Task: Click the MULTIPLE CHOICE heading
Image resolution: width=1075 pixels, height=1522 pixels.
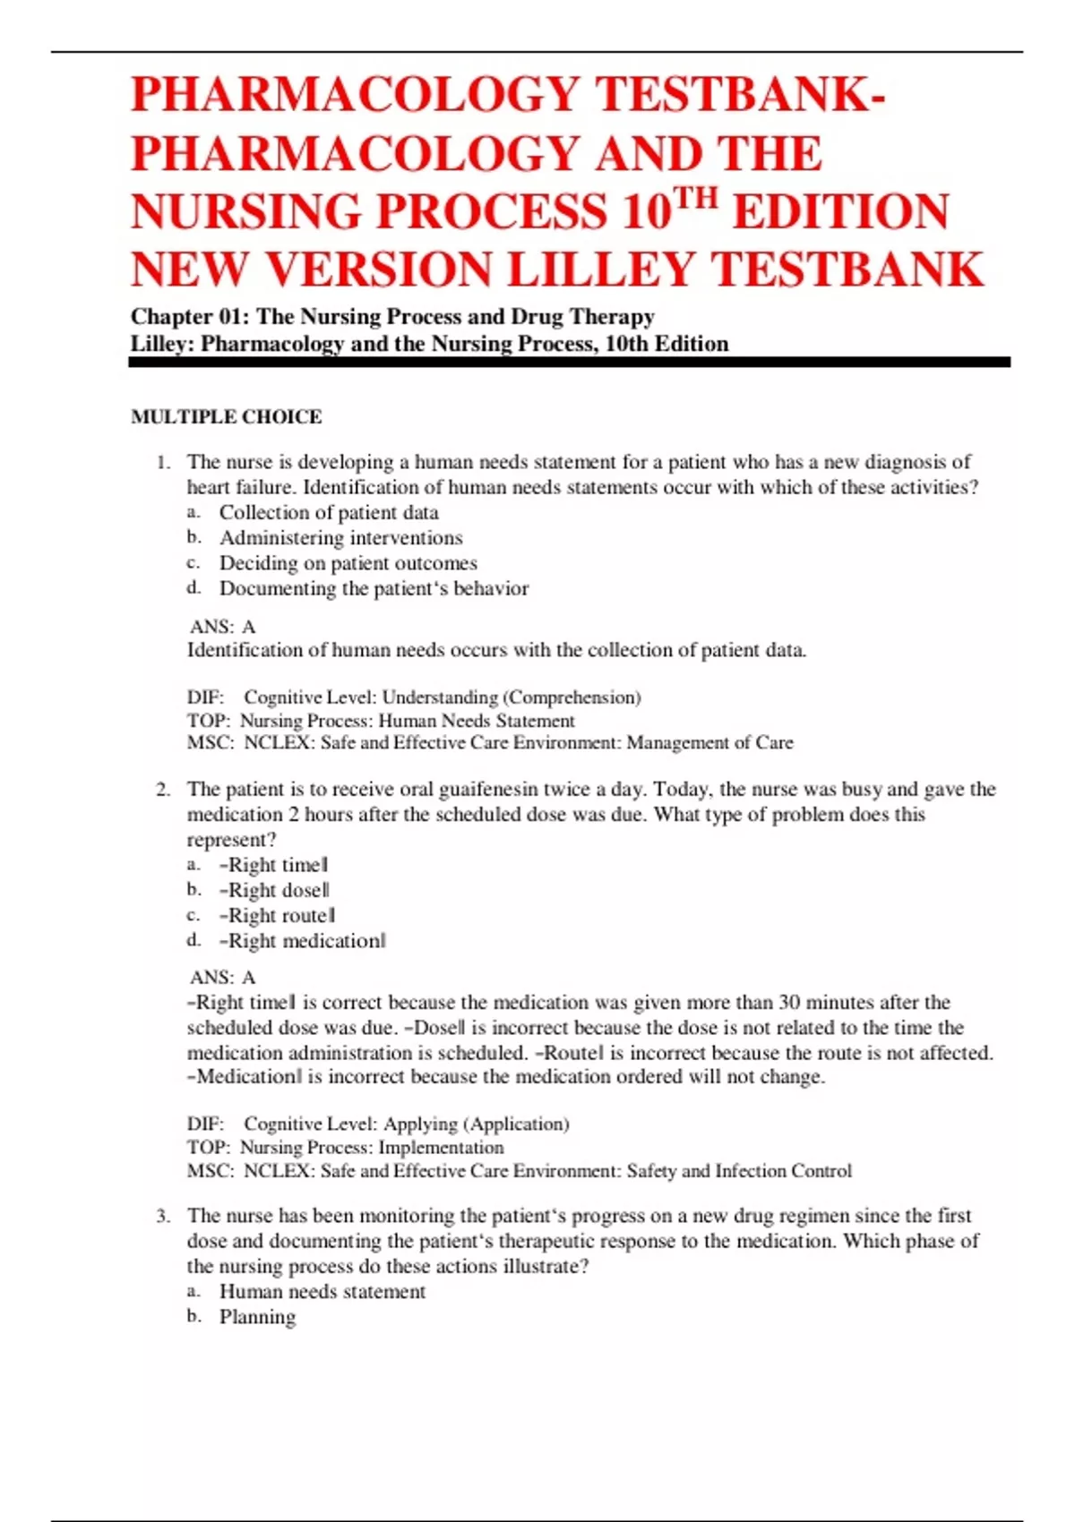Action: pyautogui.click(x=226, y=416)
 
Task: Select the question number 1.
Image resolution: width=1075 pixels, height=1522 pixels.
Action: pyautogui.click(x=162, y=463)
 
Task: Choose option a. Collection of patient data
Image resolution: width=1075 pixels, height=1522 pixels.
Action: pyautogui.click(x=329, y=512)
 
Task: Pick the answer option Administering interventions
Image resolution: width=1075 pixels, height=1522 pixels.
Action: pyautogui.click(x=340, y=537)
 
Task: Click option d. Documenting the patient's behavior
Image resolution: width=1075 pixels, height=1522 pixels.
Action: pyautogui.click(x=374, y=588)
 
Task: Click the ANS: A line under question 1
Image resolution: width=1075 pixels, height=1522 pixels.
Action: pyautogui.click(x=222, y=627)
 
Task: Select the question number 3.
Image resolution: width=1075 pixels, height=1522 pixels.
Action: pyautogui.click(x=162, y=1216)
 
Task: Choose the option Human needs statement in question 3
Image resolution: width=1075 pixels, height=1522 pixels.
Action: pyautogui.click(x=322, y=1291)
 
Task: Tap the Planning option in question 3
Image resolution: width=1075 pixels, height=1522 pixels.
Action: pyautogui.click(x=257, y=1316)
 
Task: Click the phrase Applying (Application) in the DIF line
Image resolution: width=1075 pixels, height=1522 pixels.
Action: pyautogui.click(x=476, y=1124)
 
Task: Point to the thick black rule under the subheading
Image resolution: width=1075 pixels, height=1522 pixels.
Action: pyautogui.click(x=570, y=362)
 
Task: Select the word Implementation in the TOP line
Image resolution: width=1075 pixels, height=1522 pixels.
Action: pyautogui.click(x=441, y=1147)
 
